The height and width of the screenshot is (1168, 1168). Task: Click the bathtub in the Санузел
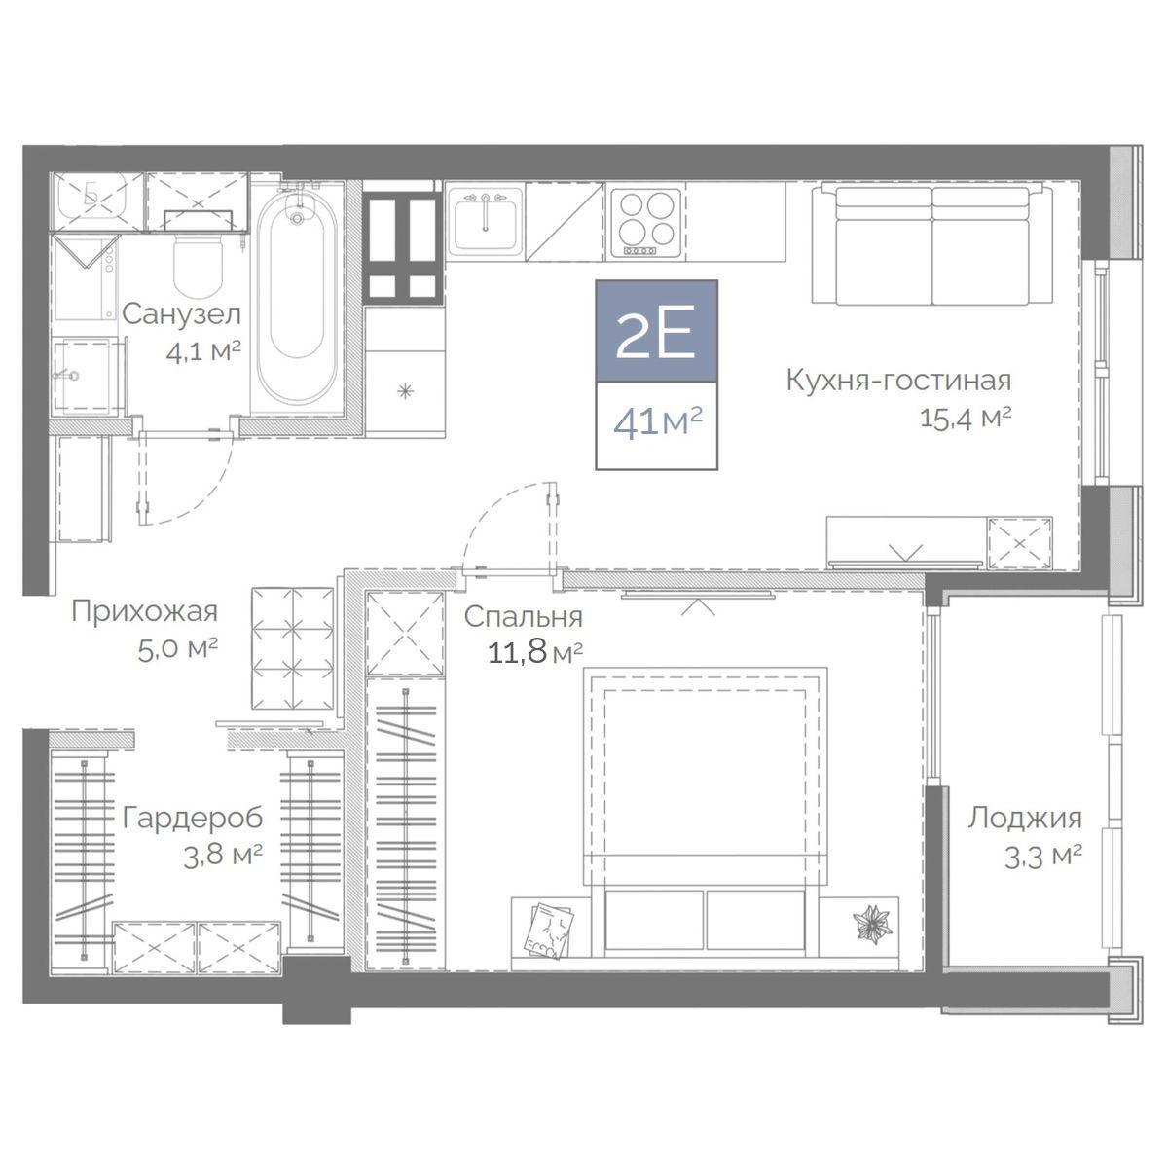[297, 298]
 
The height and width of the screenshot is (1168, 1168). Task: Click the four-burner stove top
[646, 222]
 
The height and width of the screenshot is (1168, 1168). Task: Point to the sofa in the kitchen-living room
[932, 244]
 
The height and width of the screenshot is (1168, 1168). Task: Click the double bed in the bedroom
[706, 819]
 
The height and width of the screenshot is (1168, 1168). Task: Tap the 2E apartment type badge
[656, 331]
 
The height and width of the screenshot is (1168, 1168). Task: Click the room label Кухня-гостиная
[899, 382]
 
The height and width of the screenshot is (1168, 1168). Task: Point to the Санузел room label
[182, 314]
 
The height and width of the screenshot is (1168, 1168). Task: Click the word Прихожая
[144, 613]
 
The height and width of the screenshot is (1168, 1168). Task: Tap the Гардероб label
[193, 818]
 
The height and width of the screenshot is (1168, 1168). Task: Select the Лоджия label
[1024, 819]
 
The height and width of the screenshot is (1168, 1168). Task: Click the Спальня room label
[524, 618]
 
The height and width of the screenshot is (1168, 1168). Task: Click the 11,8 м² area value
[535, 653]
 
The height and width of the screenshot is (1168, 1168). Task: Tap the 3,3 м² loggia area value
[1043, 858]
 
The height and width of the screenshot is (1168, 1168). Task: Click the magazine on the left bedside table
[549, 931]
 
